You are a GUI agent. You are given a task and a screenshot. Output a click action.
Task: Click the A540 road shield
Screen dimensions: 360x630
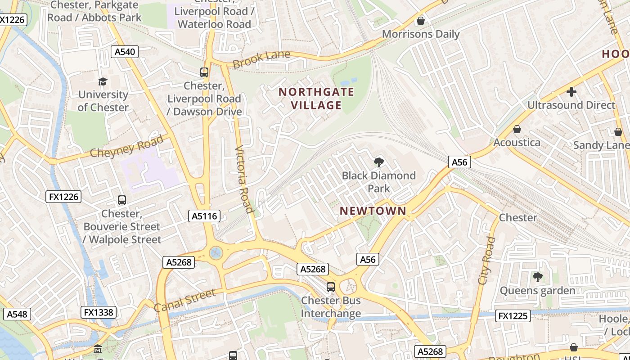click(125, 52)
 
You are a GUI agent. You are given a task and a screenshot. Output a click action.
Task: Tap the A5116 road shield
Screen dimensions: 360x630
click(204, 216)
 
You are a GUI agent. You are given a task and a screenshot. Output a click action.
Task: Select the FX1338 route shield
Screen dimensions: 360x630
click(99, 312)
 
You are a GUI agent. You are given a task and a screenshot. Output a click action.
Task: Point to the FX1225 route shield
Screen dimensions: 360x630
click(513, 316)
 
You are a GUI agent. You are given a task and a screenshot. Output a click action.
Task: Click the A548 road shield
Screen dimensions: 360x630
click(17, 314)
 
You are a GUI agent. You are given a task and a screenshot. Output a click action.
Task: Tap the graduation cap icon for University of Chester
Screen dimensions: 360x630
click(103, 81)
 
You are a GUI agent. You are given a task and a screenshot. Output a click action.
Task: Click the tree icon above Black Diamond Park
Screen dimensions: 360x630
click(379, 162)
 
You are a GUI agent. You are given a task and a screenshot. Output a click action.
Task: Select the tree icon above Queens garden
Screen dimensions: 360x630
click(537, 277)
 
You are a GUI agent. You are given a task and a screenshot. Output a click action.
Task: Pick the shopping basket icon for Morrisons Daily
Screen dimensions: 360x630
click(421, 21)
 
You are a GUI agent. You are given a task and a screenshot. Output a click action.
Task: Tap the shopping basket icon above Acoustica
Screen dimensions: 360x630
click(517, 130)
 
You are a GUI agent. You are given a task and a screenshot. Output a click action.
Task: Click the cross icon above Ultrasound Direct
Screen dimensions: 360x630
click(571, 92)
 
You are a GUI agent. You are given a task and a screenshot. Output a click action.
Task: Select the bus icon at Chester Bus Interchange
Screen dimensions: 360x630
click(331, 287)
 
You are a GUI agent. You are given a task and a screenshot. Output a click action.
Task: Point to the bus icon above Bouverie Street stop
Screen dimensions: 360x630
click(121, 200)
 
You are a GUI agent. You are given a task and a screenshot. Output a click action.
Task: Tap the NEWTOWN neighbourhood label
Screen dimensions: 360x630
click(373, 211)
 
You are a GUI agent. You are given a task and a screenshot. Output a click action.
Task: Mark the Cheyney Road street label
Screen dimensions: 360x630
click(127, 146)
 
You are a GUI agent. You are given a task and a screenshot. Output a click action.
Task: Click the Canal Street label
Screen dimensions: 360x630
click(184, 300)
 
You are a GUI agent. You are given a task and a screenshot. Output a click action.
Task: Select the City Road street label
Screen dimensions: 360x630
click(486, 261)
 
